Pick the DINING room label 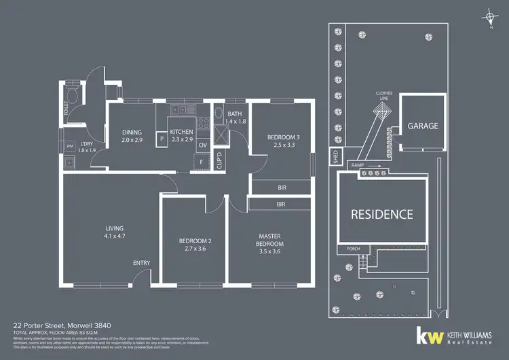132,135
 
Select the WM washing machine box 69,146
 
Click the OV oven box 202,145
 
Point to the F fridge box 202,162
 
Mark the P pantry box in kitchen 162,141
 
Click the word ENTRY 142,263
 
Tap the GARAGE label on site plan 423,126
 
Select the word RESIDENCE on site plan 381,214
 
